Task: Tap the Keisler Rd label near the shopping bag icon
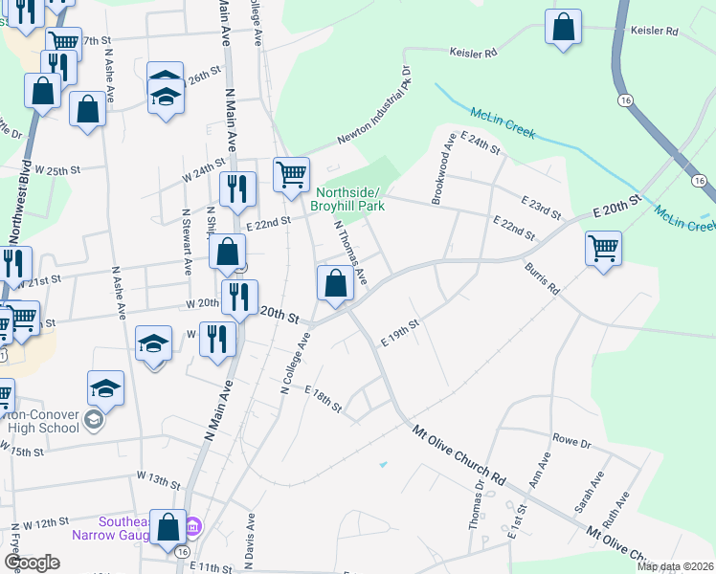click(655, 32)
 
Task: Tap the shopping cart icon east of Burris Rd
click(603, 249)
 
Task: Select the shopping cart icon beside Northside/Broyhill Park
click(291, 175)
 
